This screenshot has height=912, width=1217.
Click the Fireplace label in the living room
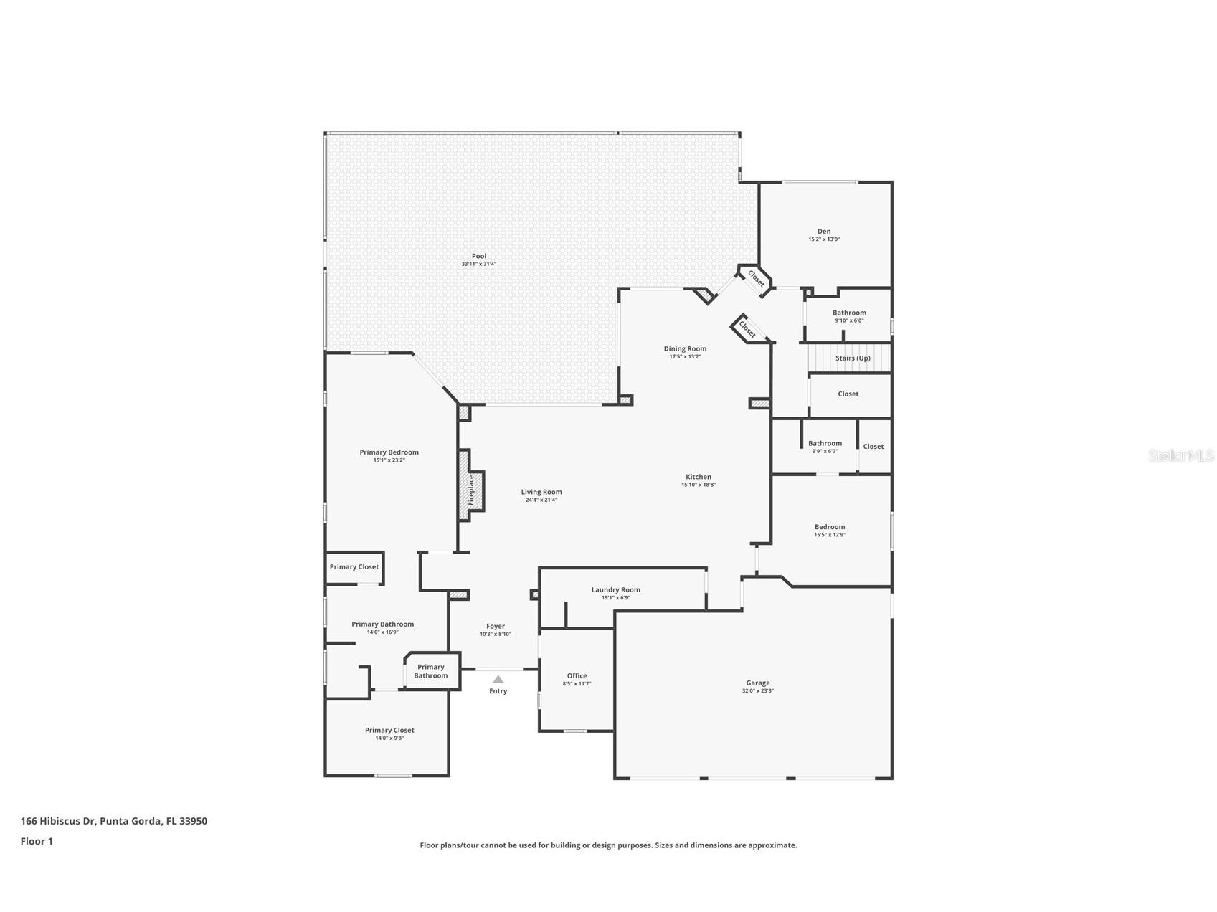point(471,491)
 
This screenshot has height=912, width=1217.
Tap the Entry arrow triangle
point(498,679)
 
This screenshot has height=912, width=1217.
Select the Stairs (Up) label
point(853,358)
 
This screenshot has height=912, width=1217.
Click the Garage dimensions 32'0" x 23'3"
point(757,691)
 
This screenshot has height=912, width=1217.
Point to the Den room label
point(824,232)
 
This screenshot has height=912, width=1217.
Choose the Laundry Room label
point(615,590)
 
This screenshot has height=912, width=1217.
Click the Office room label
point(577,675)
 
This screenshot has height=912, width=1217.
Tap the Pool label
point(478,256)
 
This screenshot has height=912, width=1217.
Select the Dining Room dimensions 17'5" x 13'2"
point(685,357)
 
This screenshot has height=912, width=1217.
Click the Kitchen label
point(698,477)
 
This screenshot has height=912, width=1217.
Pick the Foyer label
point(495,626)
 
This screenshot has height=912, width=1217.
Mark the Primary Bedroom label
point(389,452)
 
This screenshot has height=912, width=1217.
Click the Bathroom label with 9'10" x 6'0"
point(849,313)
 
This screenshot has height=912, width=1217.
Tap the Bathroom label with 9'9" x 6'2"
point(825,443)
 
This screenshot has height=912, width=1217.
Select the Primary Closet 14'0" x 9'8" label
point(389,731)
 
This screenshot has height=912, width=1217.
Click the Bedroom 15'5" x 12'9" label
point(829,527)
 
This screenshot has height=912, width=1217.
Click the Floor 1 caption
point(37,842)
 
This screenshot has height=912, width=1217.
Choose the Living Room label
point(541,492)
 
